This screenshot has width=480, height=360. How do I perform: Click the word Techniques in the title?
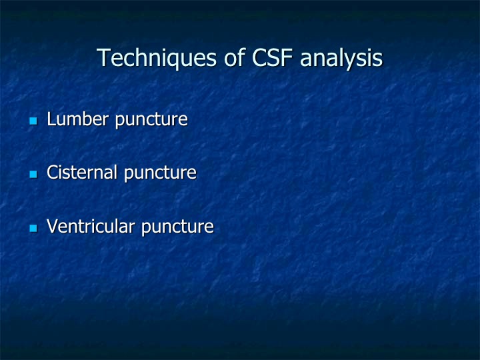pyautogui.click(x=157, y=58)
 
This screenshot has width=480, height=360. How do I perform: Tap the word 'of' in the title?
pyautogui.click(x=235, y=57)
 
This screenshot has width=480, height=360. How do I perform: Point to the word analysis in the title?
pyautogui.click(x=341, y=59)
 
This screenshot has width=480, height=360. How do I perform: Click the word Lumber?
pyautogui.click(x=78, y=119)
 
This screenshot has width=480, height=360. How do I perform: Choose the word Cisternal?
pyautogui.click(x=82, y=172)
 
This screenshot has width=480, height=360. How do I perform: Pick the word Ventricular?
pyautogui.click(x=91, y=226)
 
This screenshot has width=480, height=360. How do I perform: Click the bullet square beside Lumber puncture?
pyautogui.click(x=33, y=121)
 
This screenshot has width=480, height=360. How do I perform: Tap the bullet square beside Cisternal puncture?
pyautogui.click(x=33, y=175)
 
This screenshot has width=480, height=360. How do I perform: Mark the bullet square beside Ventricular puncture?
pyautogui.click(x=33, y=229)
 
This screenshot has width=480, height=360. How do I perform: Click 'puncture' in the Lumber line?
pyautogui.click(x=151, y=120)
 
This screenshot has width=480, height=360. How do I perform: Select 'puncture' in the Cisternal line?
pyautogui.click(x=160, y=173)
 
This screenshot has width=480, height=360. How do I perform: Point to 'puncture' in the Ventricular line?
pyautogui.click(x=177, y=227)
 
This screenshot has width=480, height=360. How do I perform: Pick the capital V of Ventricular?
pyautogui.click(x=53, y=226)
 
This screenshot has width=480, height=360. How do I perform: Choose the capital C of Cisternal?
pyautogui.click(x=53, y=172)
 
